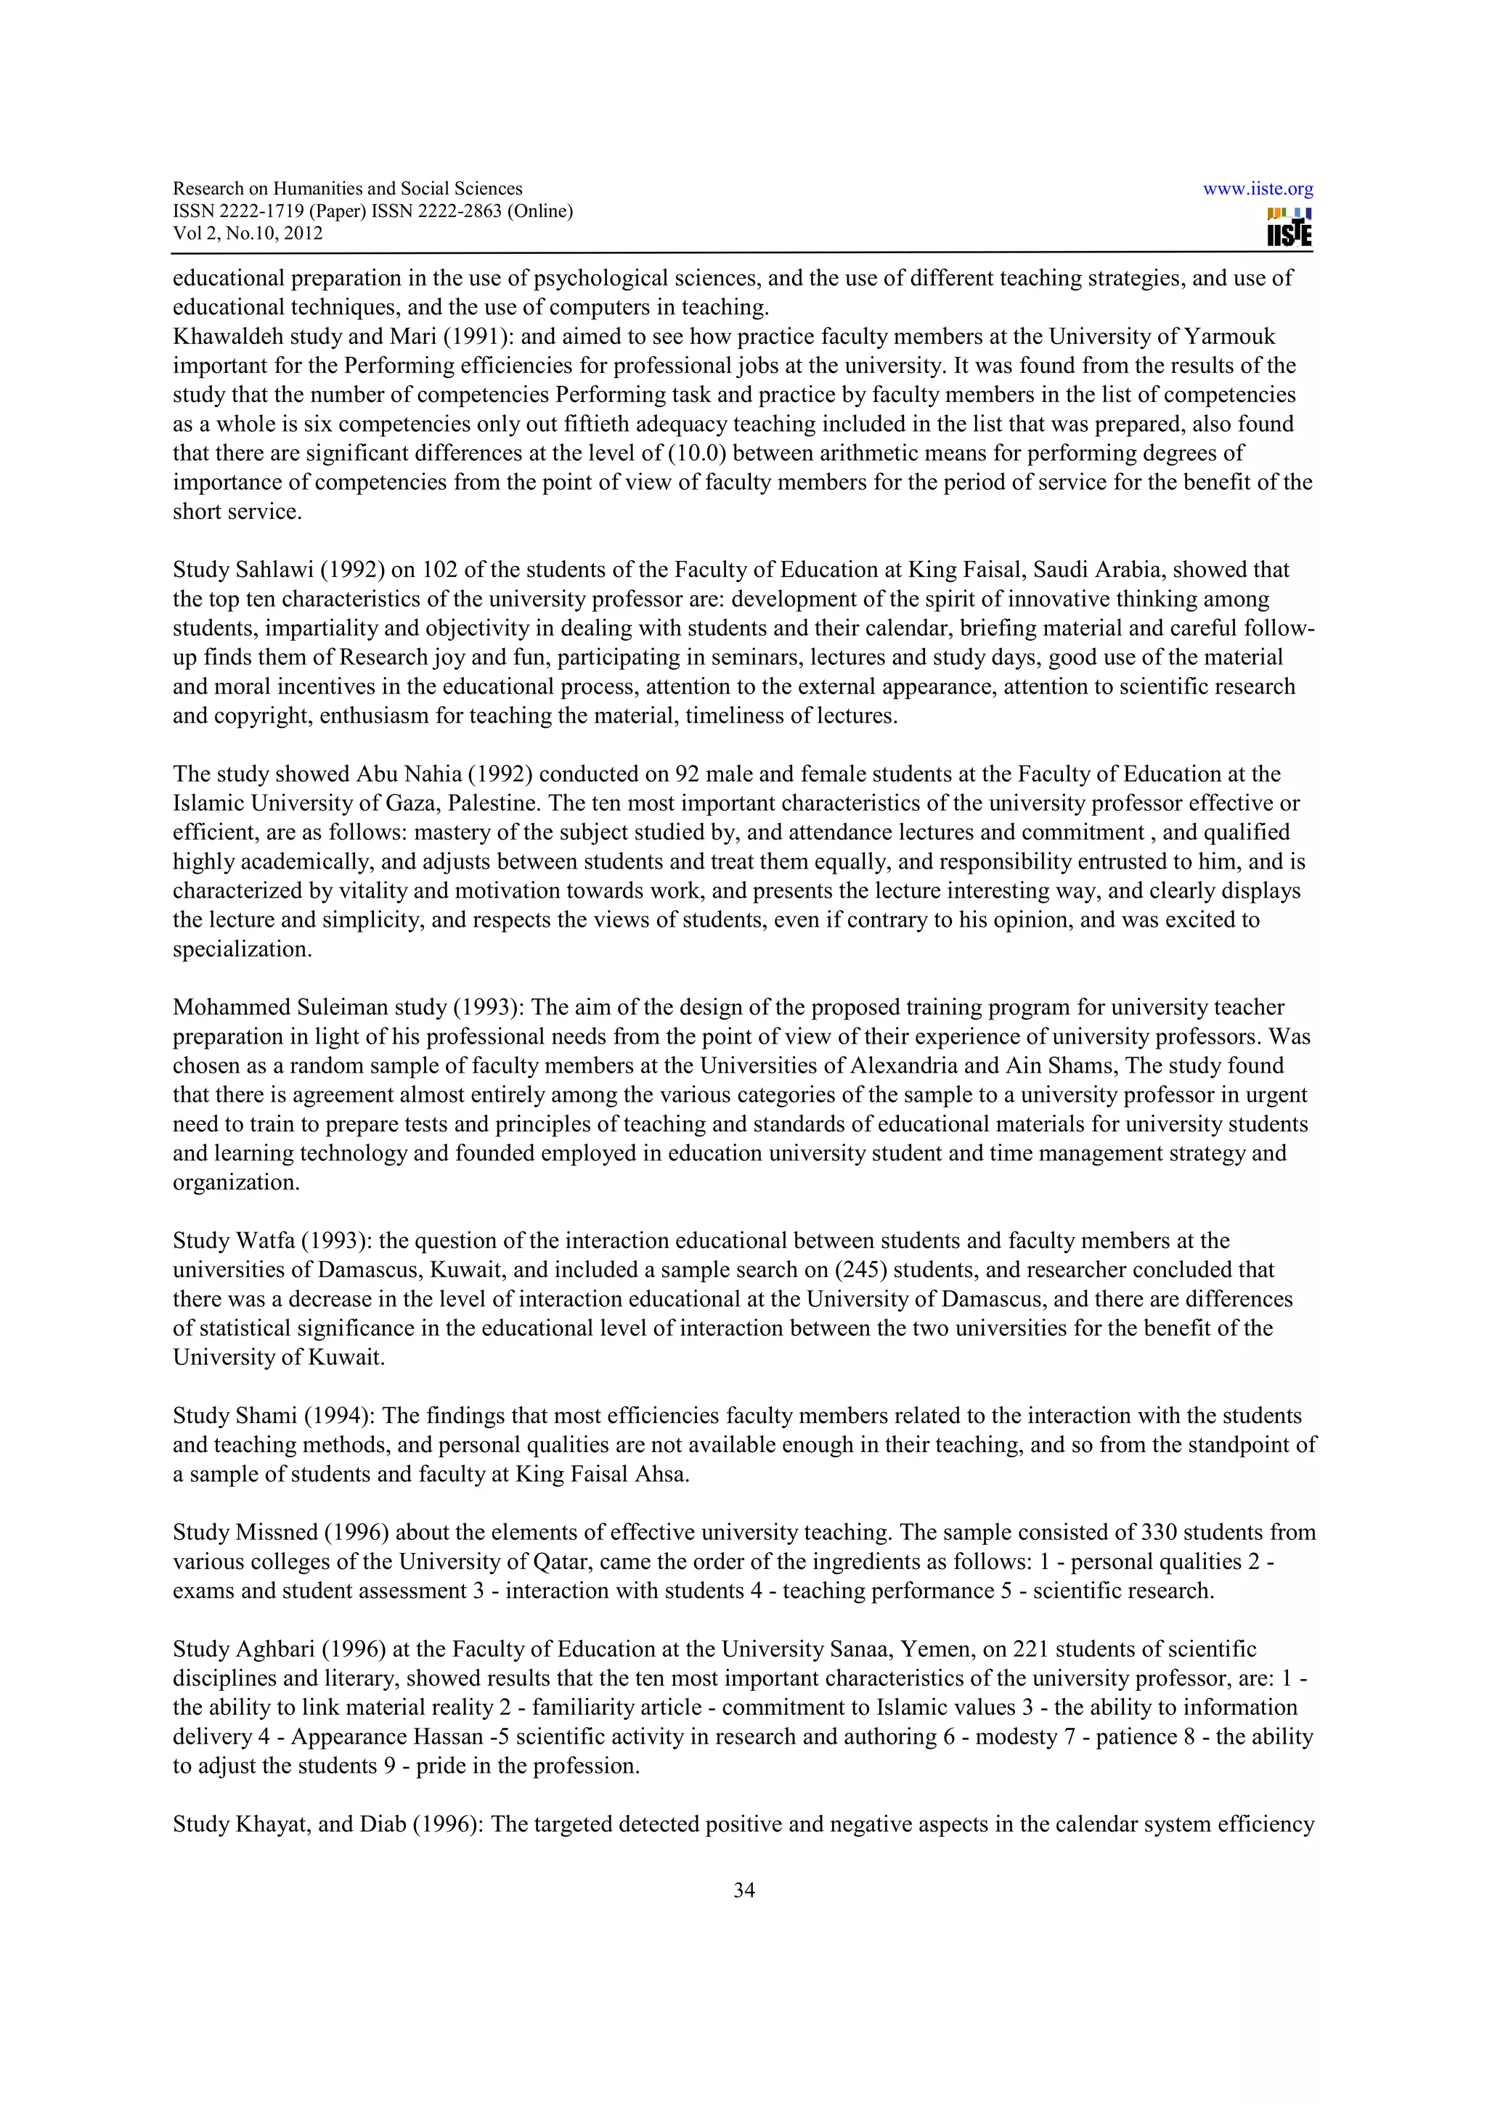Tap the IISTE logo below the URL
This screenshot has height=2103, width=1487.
(1289, 228)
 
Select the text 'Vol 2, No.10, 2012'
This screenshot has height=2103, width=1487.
(248, 233)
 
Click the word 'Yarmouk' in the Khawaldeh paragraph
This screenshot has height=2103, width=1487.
(1229, 336)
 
